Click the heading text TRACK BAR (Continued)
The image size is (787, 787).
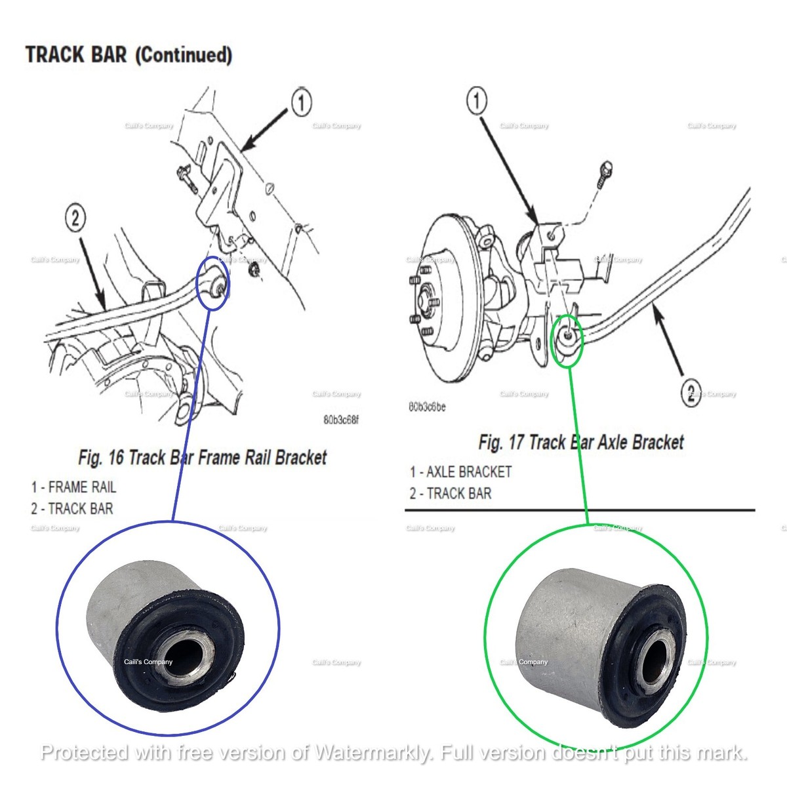click(x=129, y=54)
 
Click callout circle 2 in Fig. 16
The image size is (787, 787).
click(x=75, y=218)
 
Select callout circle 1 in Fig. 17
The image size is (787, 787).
click(x=477, y=101)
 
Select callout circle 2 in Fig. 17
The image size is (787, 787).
click(x=691, y=393)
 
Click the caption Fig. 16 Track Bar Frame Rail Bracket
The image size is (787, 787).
click(x=202, y=457)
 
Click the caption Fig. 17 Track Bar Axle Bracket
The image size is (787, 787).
click(x=580, y=442)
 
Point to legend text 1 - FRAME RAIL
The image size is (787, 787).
click(x=73, y=487)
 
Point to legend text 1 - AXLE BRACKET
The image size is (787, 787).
click(x=460, y=472)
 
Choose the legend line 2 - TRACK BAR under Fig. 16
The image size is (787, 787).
click(x=71, y=508)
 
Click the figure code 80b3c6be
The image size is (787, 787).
click(x=427, y=407)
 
